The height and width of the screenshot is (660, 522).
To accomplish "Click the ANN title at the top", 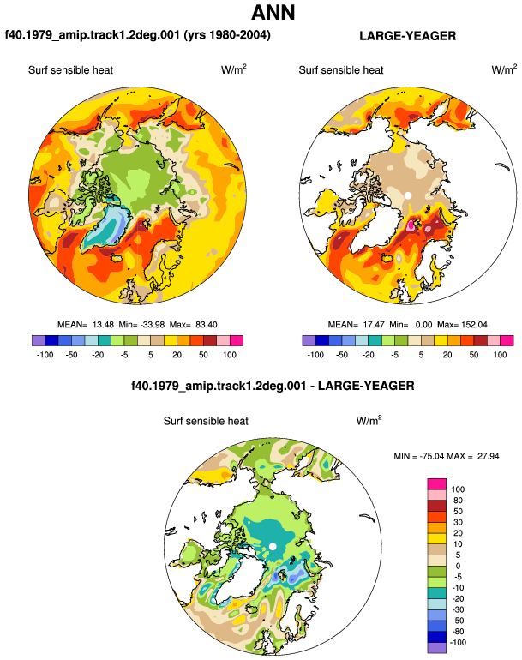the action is [273, 12].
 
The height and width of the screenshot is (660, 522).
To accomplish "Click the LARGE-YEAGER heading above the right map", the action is [407, 36].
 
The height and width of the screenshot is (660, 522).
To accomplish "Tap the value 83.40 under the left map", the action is [207, 325].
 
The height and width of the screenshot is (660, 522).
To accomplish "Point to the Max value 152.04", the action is [474, 325].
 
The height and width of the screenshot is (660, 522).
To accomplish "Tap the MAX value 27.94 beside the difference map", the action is [488, 456].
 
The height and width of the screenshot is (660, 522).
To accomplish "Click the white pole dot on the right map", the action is [407, 195].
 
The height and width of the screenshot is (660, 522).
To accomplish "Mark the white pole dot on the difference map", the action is [273, 546].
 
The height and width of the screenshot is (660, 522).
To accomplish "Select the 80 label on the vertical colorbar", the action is [458, 500].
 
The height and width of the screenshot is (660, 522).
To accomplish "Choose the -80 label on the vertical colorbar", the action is [458, 632].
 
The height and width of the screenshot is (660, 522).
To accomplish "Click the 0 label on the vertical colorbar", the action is [458, 566].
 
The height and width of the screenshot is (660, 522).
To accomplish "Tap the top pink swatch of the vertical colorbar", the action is [436, 483].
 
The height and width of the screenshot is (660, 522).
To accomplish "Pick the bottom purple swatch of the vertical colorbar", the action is [436, 648].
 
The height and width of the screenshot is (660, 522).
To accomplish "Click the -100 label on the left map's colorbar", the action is [45, 355].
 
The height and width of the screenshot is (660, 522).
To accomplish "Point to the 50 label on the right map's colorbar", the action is [474, 355].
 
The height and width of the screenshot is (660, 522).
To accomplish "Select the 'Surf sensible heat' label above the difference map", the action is [206, 421].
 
